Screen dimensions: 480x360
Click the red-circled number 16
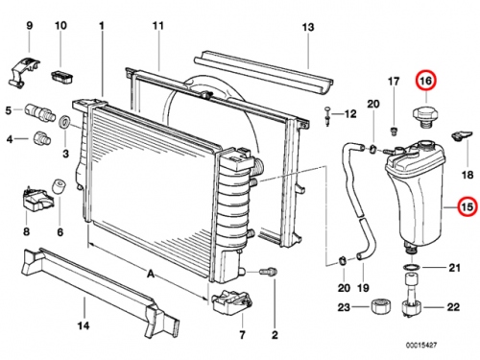click(426, 81)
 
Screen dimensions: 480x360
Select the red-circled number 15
click(467, 207)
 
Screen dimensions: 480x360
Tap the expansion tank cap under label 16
click(425, 116)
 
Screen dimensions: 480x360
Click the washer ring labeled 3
click(66, 122)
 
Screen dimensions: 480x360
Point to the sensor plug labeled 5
click(39, 111)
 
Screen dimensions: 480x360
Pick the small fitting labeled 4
click(41, 139)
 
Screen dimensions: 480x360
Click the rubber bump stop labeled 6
click(59, 186)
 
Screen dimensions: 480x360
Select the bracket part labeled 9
click(23, 72)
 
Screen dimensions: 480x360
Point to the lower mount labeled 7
click(231, 301)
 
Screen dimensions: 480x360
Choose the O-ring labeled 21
click(411, 267)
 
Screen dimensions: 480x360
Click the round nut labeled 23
click(382, 307)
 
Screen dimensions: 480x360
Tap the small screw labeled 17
click(394, 130)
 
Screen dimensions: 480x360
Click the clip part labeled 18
click(462, 135)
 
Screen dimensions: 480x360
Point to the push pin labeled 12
click(327, 116)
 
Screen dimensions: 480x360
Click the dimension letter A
click(151, 275)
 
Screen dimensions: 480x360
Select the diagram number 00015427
click(421, 345)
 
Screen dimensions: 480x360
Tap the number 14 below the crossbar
click(84, 325)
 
